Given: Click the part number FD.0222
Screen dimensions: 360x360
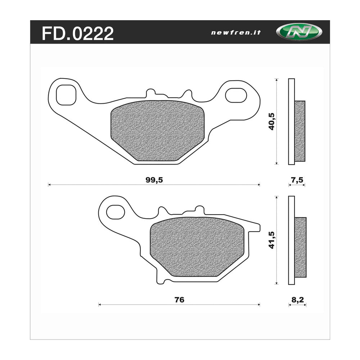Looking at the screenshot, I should click(78, 33).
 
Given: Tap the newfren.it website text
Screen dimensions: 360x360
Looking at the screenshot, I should click(236, 32).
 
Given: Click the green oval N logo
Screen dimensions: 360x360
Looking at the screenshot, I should click(294, 32).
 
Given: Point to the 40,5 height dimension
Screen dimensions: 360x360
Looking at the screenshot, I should click(271, 121).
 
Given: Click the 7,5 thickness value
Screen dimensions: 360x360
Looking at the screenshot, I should click(296, 180).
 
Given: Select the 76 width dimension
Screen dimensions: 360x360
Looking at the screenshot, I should click(179, 300).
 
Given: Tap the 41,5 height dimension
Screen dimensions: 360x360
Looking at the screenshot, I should click(271, 239).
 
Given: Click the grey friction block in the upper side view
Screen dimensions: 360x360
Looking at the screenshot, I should click(300, 131).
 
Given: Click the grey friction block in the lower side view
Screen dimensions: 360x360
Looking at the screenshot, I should click(300, 247).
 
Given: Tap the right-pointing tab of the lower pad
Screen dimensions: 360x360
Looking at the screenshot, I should click(254, 227).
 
